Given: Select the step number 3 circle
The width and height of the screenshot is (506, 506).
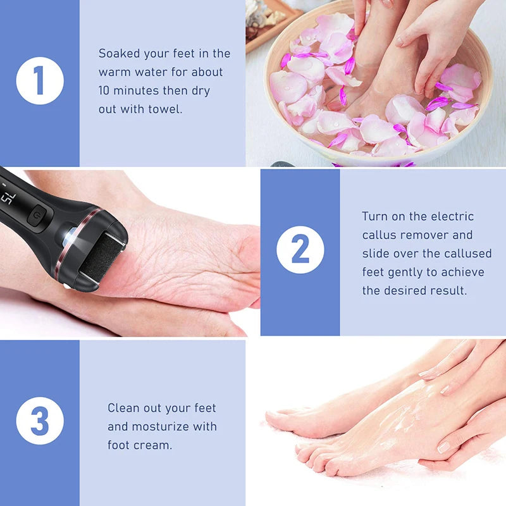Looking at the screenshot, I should point(40,421).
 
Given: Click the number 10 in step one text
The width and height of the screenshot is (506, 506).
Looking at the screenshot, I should point(106,90).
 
